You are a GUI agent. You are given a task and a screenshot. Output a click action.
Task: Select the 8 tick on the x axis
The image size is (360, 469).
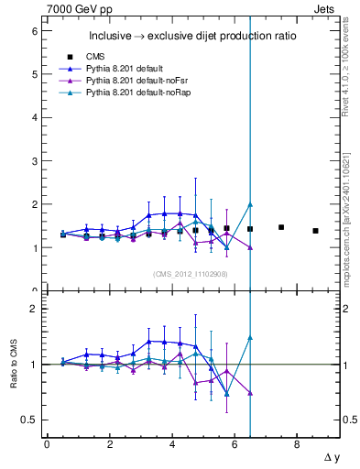[297, 444]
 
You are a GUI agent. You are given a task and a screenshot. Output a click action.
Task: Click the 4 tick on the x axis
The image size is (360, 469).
[172, 444]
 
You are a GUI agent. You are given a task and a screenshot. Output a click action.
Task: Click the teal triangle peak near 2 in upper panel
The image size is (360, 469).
[250, 204]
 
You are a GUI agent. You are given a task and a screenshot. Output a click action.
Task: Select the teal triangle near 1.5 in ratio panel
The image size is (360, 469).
[250, 338]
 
